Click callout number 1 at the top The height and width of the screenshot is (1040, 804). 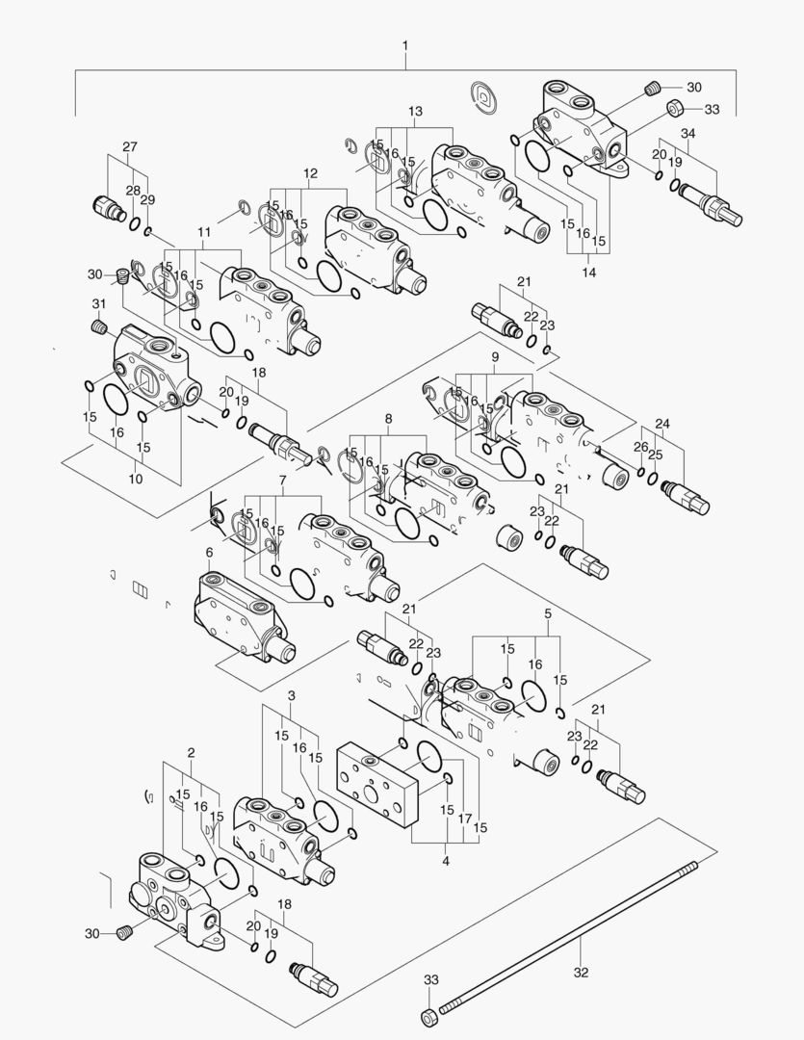click(405, 45)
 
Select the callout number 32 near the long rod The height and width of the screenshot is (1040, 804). click(581, 973)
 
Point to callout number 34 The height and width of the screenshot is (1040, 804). click(688, 133)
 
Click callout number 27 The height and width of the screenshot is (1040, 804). click(130, 147)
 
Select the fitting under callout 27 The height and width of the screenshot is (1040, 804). click(104, 207)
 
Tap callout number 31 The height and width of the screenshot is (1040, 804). click(98, 304)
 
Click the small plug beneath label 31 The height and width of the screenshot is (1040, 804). click(97, 328)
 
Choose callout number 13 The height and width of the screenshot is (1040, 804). click(415, 112)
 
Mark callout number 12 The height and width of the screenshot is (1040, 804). click(310, 173)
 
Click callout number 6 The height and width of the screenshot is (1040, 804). click(209, 552)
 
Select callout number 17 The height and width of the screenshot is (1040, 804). click(464, 819)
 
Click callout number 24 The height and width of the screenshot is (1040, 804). click(661, 424)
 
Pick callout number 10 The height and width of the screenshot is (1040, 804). click(135, 479)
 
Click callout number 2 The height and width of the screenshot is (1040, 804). click(191, 751)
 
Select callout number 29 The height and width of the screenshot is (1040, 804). click(147, 199)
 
